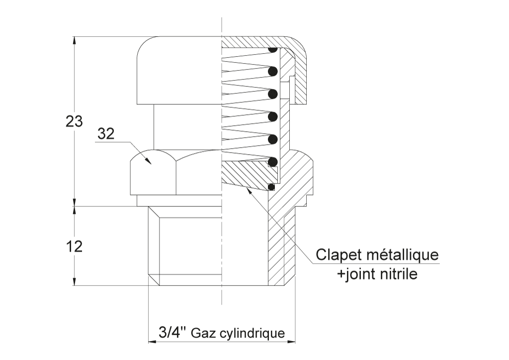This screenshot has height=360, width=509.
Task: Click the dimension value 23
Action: pyautogui.click(x=75, y=121)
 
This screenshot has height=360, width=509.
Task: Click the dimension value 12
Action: pyautogui.click(x=75, y=247)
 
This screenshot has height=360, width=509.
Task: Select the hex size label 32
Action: pyautogui.click(x=106, y=133)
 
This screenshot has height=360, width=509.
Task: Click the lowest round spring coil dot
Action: pyautogui.click(x=273, y=161)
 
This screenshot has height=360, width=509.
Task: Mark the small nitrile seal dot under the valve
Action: pyautogui.click(x=271, y=187)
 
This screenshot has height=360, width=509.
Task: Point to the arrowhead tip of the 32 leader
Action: pyautogui.click(x=151, y=165)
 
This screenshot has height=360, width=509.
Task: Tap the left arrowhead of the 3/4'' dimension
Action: pyautogui.click(x=149, y=341)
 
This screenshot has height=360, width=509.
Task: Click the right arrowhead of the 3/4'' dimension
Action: pyautogui.click(x=295, y=341)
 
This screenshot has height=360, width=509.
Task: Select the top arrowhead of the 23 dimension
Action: pyautogui.click(x=75, y=37)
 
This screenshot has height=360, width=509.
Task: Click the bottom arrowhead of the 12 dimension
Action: pyautogui.click(x=75, y=285)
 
